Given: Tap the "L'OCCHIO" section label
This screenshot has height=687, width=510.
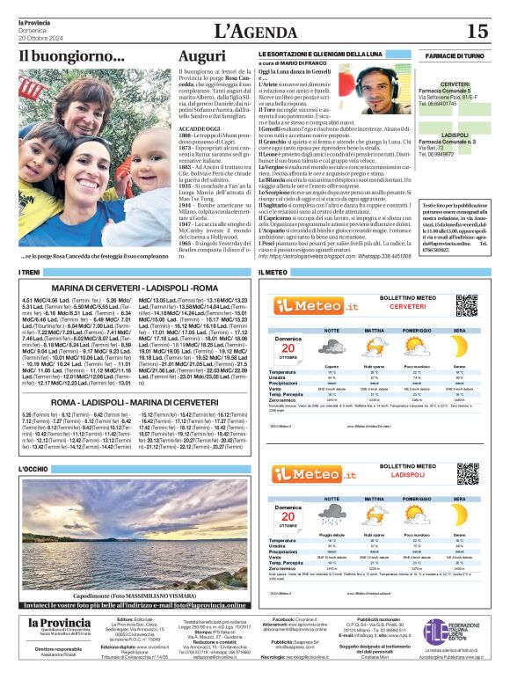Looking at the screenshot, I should pos(33,469).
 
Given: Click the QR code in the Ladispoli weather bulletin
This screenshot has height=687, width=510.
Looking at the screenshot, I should pos(468,464).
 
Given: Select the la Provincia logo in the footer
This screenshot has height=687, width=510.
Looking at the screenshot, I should pos(59,624).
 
